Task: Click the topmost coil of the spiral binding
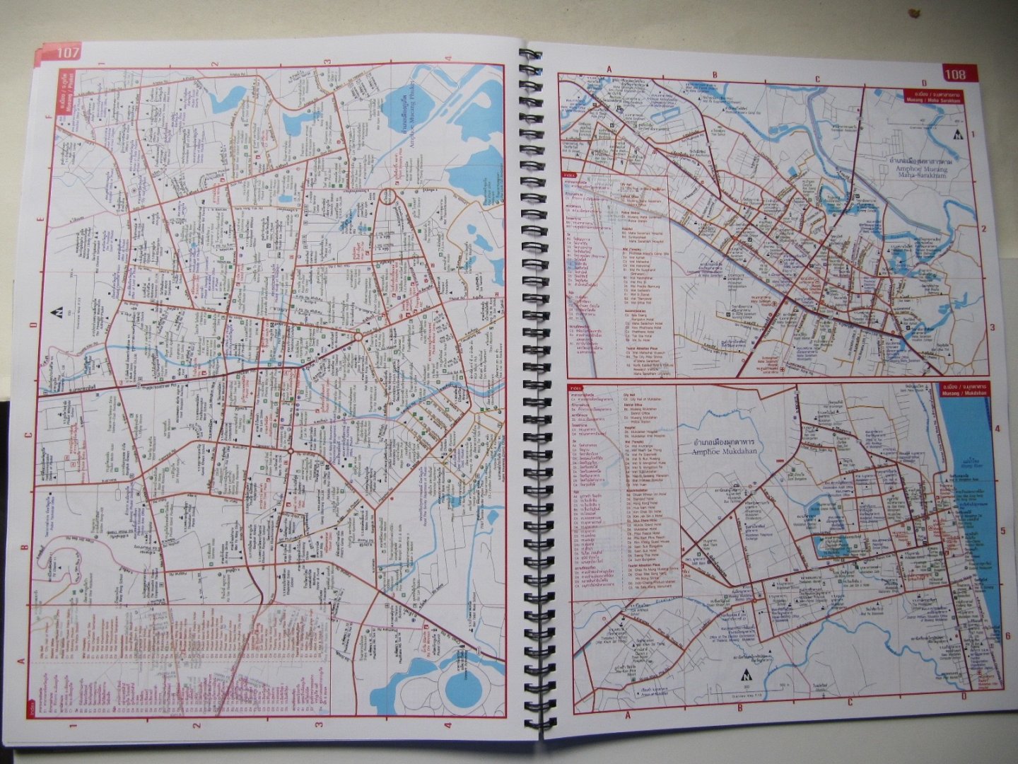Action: pos(528,56)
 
